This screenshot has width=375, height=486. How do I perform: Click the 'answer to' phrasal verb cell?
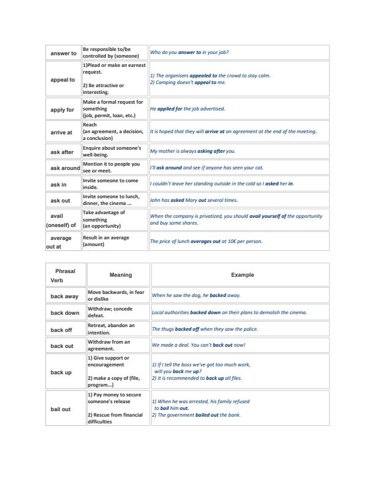[63, 53]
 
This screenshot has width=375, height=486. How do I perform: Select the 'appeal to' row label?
[63, 80]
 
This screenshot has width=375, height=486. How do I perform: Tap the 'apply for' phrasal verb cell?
[63, 109]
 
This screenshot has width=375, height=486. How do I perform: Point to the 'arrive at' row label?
[61, 132]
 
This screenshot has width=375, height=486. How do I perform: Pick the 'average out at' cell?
[61, 241]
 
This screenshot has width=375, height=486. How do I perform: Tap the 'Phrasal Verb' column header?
[65, 275]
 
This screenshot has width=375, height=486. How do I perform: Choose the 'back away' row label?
[64, 296]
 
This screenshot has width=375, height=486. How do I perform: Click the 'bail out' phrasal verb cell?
[61, 409]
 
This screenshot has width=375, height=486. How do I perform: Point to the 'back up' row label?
[61, 372]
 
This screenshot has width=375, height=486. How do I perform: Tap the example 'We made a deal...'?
[199, 345]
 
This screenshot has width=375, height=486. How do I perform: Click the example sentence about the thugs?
[205, 329]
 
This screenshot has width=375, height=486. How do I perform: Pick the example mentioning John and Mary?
[194, 200]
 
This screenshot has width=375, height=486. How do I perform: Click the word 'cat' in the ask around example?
[260, 168]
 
